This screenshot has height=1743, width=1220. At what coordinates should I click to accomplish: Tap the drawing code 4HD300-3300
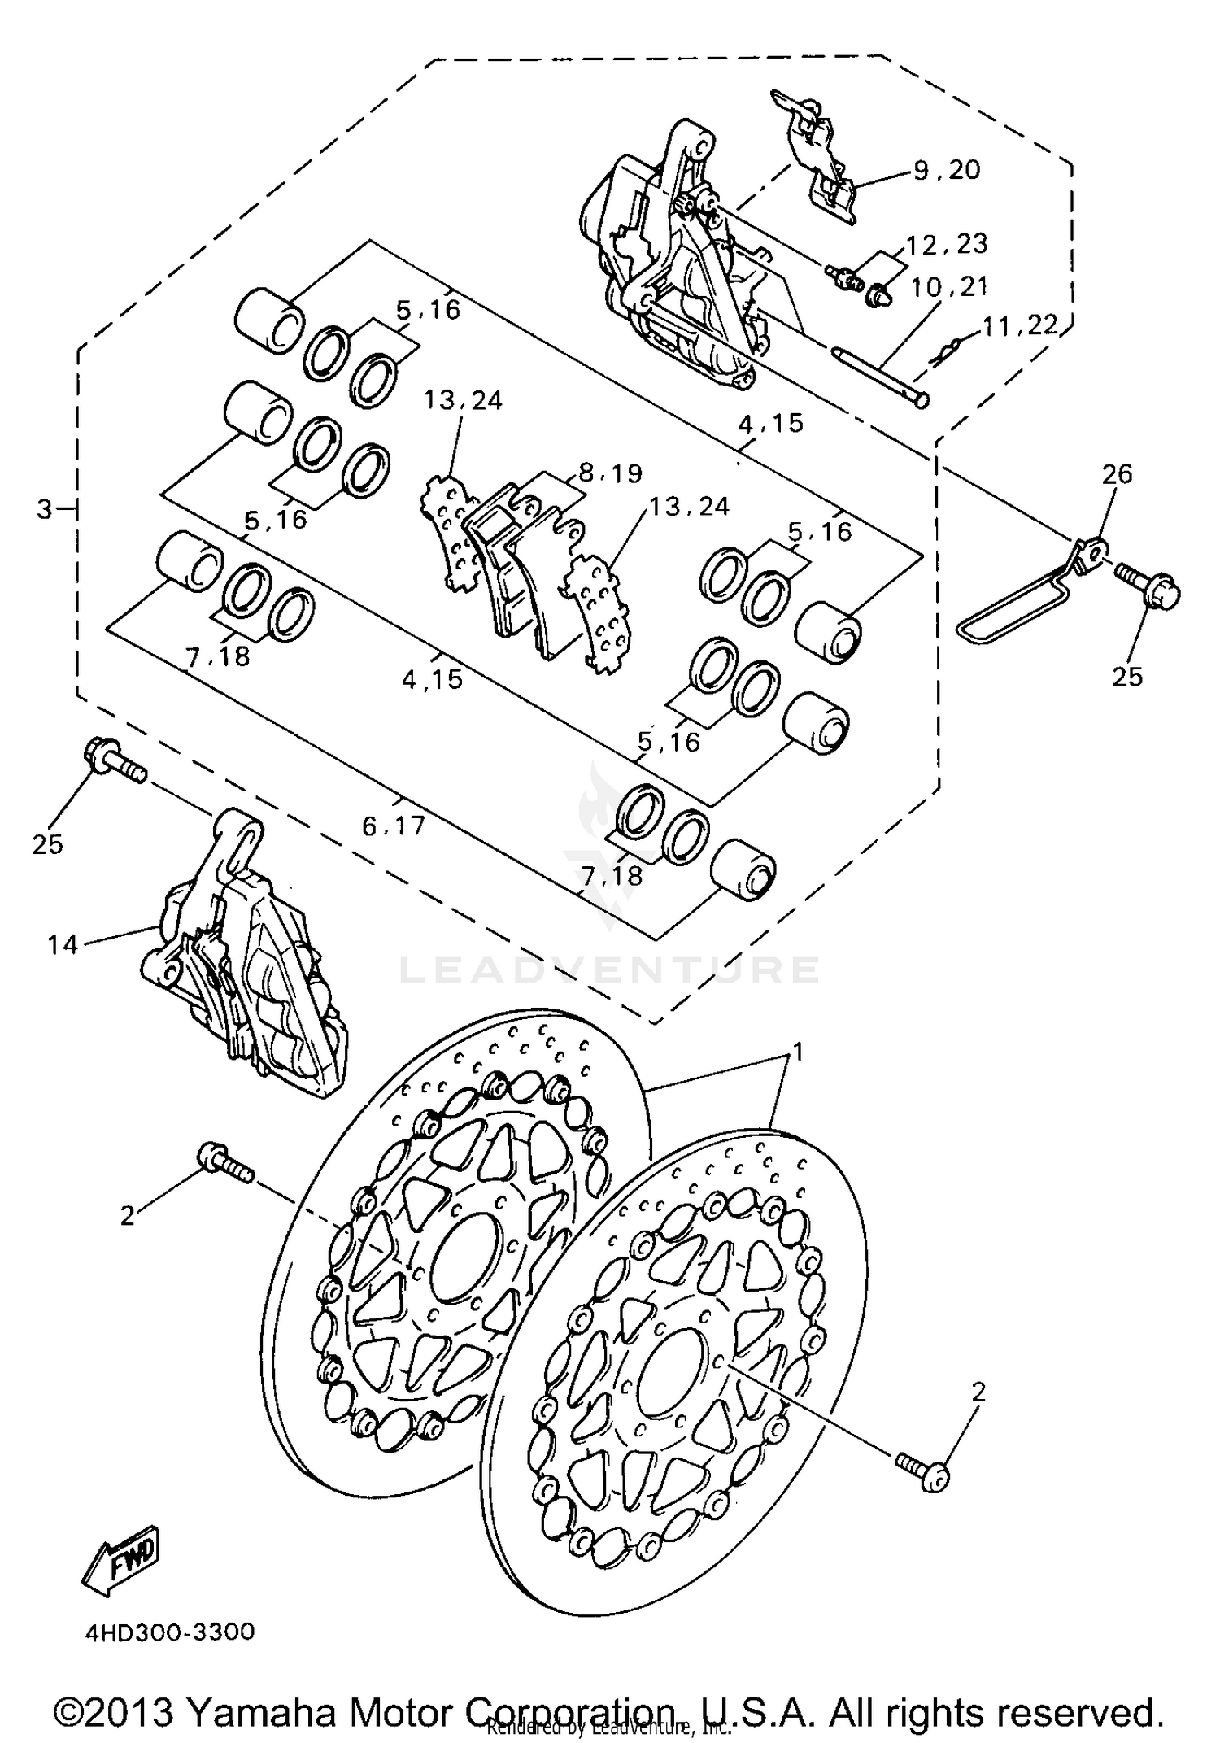tap(169, 1632)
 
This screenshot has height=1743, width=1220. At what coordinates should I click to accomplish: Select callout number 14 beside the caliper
tap(62, 944)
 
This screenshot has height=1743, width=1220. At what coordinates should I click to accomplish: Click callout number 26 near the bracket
tap(1117, 473)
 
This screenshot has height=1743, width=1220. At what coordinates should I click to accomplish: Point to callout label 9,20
tap(947, 169)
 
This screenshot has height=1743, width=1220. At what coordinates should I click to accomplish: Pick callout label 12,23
tap(946, 244)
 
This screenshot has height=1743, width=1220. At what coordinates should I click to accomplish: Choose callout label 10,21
tap(948, 286)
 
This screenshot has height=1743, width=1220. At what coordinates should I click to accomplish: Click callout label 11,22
tap(1020, 326)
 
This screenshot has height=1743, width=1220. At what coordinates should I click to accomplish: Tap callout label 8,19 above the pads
tap(610, 473)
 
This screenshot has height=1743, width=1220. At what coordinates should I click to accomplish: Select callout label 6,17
tap(394, 826)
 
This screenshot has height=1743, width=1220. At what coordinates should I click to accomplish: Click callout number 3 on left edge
tap(45, 510)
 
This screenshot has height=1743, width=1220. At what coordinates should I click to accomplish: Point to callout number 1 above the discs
tap(798, 1052)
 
